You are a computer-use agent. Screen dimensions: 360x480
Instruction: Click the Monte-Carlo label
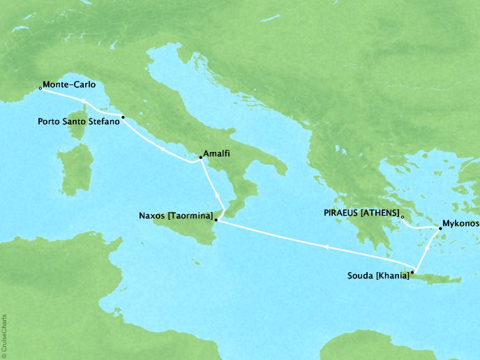pos(70,87)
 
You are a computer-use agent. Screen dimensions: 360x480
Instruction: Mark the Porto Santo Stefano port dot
pos(123,117)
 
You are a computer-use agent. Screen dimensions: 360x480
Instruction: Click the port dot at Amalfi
pos(200,159)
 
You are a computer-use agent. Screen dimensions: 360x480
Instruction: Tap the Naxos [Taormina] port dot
pos(216,220)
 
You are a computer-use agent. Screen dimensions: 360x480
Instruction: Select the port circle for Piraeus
pos(403,217)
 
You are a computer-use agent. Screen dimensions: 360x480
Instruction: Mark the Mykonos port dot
pos(440,227)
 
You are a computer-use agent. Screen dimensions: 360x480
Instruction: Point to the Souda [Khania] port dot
pos(414,272)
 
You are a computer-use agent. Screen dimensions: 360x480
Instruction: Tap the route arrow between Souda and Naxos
pos(326,246)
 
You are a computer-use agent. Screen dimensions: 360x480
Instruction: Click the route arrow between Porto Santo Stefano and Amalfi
pos(162,149)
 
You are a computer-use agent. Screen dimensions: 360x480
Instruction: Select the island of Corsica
pos(82,133)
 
